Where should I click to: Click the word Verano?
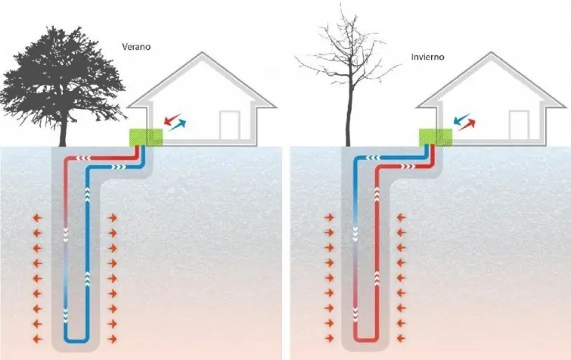(x=137, y=47)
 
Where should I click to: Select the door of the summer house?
(x=229, y=125)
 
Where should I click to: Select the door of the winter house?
(x=519, y=125)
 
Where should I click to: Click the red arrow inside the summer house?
(x=173, y=119)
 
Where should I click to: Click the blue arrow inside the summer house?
(x=178, y=124)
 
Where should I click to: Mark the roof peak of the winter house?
(x=493, y=54)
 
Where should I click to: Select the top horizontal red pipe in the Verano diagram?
(x=98, y=159)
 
